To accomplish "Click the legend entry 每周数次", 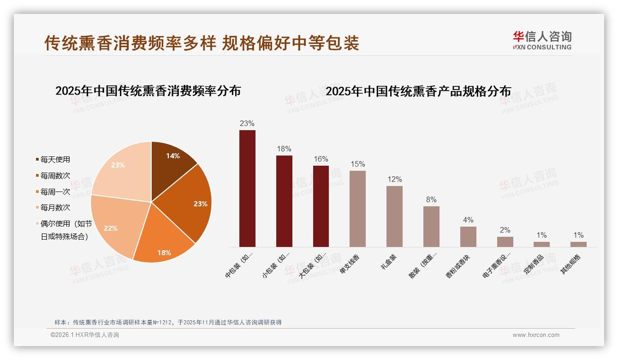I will [55, 176].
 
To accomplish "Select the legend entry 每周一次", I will [55, 192].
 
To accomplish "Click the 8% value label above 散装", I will [431, 200].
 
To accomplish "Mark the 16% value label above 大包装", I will [321, 159].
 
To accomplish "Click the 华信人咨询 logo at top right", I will [542, 40].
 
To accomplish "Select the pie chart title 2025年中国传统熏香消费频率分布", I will [148, 91].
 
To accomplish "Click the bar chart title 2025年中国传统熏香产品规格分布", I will [418, 91].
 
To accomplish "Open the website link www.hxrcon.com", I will [536, 335].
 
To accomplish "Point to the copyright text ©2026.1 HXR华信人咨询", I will [85, 335].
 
